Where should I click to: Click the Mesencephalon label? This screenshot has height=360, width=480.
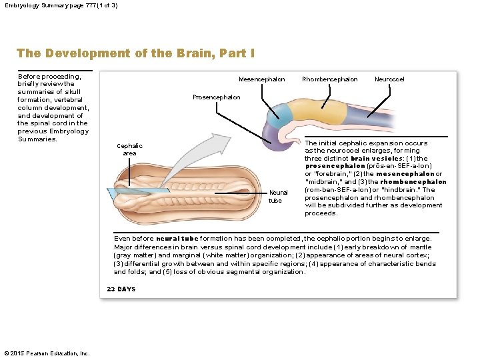tap(261, 79)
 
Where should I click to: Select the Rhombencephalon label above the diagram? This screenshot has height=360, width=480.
tap(329, 79)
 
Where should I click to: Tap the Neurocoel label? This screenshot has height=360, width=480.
tap(389, 79)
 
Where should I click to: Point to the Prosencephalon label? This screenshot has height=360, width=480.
tap(216, 97)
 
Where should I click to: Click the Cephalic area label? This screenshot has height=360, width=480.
tap(129, 149)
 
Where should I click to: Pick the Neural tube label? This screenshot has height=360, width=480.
tap(275, 197)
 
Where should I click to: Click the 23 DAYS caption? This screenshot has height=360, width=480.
tap(121, 289)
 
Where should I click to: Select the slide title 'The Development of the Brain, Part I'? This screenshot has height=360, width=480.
tap(135, 53)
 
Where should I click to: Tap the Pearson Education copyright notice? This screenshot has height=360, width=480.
tap(47, 353)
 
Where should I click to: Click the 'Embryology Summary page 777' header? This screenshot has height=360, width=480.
tap(60, 5)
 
